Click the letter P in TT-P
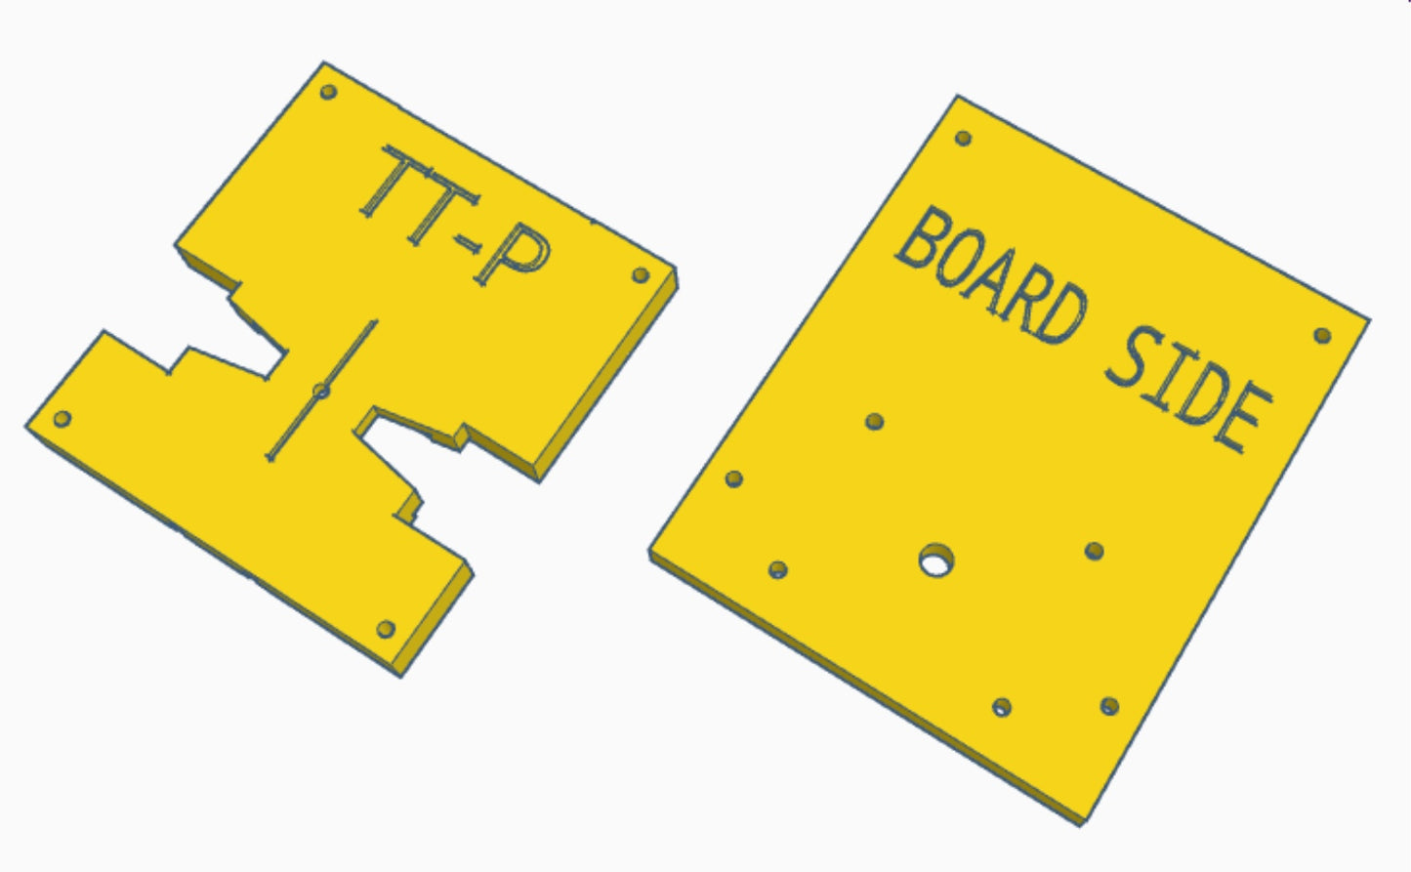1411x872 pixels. click(513, 256)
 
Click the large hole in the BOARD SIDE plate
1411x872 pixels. click(936, 561)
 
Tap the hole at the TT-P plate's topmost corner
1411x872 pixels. click(328, 92)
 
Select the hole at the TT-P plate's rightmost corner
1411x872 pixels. click(641, 275)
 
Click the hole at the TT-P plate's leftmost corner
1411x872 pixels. click(62, 419)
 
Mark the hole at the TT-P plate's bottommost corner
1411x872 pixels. click(386, 628)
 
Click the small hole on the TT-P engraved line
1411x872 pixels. click(320, 392)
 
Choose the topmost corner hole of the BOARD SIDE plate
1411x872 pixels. click(963, 138)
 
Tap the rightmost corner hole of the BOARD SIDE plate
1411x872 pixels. click(1322, 335)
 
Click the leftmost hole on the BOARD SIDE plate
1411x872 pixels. click(734, 478)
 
